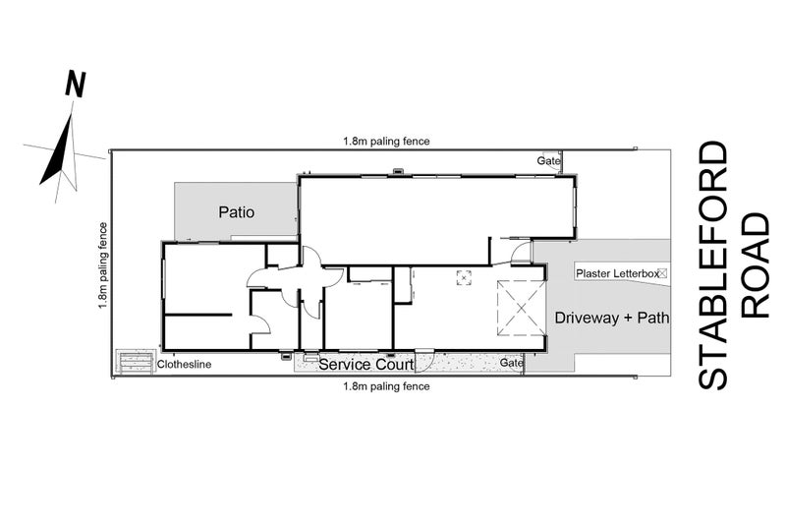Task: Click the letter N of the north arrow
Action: (x=76, y=85)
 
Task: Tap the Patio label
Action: (x=236, y=212)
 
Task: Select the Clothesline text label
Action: (x=184, y=365)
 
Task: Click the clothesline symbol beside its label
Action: (x=135, y=361)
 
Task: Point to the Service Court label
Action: (x=366, y=365)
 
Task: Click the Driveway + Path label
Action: (x=611, y=318)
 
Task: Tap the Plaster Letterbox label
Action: (x=618, y=273)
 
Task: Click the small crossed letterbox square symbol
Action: (x=662, y=273)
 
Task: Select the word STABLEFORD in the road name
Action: (x=713, y=265)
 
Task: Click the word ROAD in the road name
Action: (x=755, y=265)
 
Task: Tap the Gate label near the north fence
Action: (x=548, y=161)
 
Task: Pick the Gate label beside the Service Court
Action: (x=512, y=363)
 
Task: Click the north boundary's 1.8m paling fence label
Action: (x=386, y=142)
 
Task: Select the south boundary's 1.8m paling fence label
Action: (x=386, y=386)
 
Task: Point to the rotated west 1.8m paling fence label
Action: (x=103, y=265)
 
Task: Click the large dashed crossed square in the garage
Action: (x=521, y=308)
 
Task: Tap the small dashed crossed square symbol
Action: (x=464, y=277)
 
